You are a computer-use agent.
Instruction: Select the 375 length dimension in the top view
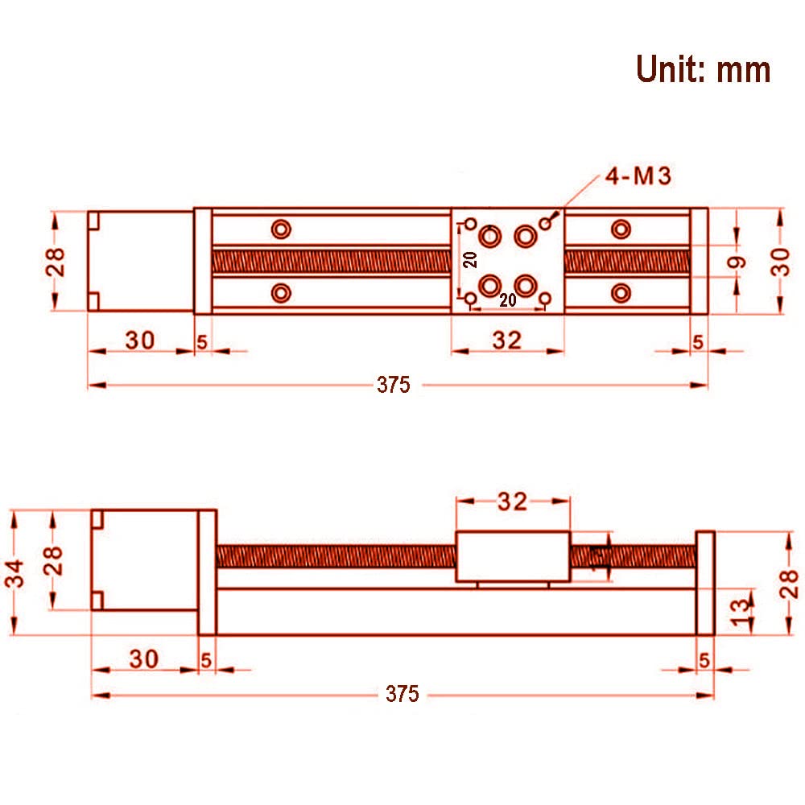tap(394, 385)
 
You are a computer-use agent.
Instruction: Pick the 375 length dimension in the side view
tap(402, 693)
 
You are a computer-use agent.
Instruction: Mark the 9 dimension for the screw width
tap(738, 262)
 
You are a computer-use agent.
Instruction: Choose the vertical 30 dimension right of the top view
tap(780, 261)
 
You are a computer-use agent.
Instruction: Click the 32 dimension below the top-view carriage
tap(507, 341)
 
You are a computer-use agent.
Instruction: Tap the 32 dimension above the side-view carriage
tap(512, 502)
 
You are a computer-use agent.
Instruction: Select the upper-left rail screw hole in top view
tap(281, 229)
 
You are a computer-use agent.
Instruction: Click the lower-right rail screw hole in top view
tap(620, 291)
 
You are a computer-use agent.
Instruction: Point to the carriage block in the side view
tap(513, 557)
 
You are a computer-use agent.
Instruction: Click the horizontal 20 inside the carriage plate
tap(507, 299)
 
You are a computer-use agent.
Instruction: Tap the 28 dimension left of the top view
tap(56, 261)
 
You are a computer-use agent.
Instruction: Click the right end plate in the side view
tap(705, 583)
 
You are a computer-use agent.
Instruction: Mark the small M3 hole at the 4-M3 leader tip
tap(550, 223)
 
